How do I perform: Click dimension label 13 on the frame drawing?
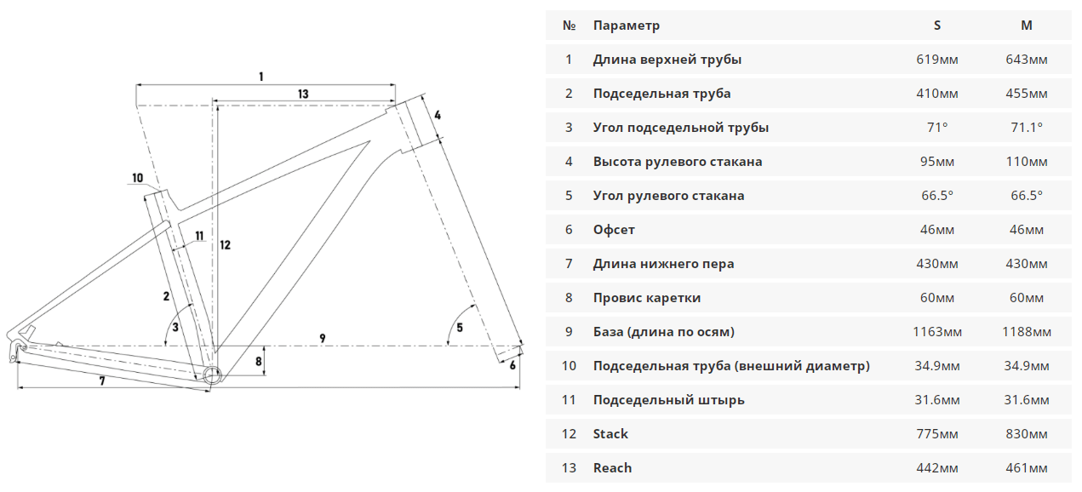coord(303,94)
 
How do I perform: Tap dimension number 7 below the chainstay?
coord(102,381)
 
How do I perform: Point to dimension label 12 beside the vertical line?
coord(225,245)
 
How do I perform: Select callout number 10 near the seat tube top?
coord(138,178)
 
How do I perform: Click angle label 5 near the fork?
coord(460,328)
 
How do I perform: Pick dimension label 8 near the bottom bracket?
coord(259,361)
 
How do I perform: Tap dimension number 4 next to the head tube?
coord(438,116)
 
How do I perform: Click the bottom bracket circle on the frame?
coord(212,375)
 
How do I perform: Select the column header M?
coord(1027,26)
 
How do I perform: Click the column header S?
coord(937,26)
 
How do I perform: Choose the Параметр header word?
coord(626,26)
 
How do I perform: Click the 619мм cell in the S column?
coord(937,60)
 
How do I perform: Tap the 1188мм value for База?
coord(1027,332)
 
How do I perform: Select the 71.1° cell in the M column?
coord(1027,128)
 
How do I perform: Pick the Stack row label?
coord(610,434)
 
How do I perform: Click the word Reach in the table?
coord(612,468)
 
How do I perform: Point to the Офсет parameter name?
coord(614,230)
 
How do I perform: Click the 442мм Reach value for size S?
coord(937,468)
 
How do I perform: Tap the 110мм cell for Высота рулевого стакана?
coord(1027,161)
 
